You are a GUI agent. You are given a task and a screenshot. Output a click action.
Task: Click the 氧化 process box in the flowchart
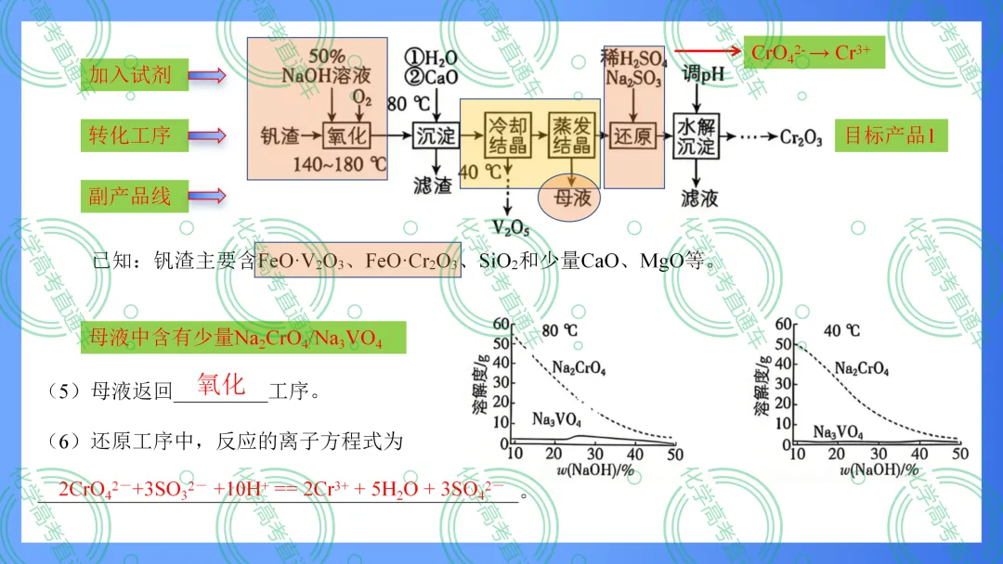346,135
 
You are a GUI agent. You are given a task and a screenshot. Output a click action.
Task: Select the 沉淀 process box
436,135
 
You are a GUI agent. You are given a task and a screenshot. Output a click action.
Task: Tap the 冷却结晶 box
508,135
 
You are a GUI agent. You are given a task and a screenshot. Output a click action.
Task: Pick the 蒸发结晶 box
572,135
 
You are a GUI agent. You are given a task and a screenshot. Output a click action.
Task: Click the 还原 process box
632,135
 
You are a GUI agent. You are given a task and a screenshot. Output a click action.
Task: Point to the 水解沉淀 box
696,136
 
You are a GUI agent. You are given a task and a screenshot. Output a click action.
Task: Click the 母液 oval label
569,198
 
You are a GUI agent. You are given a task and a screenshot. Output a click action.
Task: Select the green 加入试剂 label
135,75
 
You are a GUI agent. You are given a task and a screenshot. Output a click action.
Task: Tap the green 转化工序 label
135,135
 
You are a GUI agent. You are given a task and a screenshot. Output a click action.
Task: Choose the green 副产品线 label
135,196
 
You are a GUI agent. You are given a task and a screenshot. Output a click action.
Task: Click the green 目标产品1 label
891,135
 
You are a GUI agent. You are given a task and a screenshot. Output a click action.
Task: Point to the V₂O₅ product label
511,228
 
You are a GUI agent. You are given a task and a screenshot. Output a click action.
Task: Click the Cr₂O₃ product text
801,136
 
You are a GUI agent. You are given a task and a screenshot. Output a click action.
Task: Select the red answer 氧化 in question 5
221,385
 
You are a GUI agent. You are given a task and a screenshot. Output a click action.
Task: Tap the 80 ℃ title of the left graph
560,330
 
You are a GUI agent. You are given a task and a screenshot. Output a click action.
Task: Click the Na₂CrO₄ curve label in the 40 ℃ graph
862,368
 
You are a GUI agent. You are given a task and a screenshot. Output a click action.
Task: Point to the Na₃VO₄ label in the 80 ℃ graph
556,419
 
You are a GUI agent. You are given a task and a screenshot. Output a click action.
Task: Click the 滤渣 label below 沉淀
433,186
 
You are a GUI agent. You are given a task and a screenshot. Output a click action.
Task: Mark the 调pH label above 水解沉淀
703,74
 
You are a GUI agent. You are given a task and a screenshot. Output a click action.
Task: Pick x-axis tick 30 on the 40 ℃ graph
879,454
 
